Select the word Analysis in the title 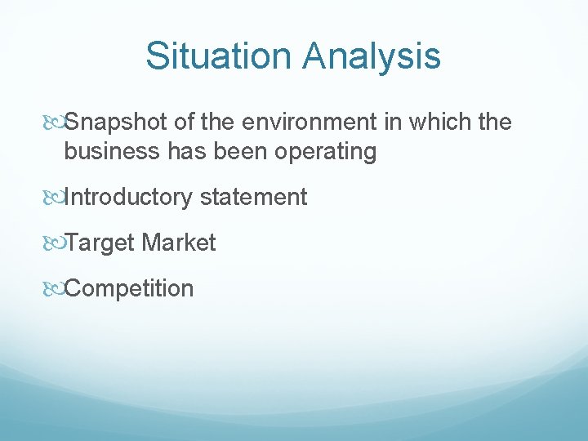(x=372, y=56)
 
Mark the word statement (x=253, y=198)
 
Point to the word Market (x=179, y=243)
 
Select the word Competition (x=129, y=289)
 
